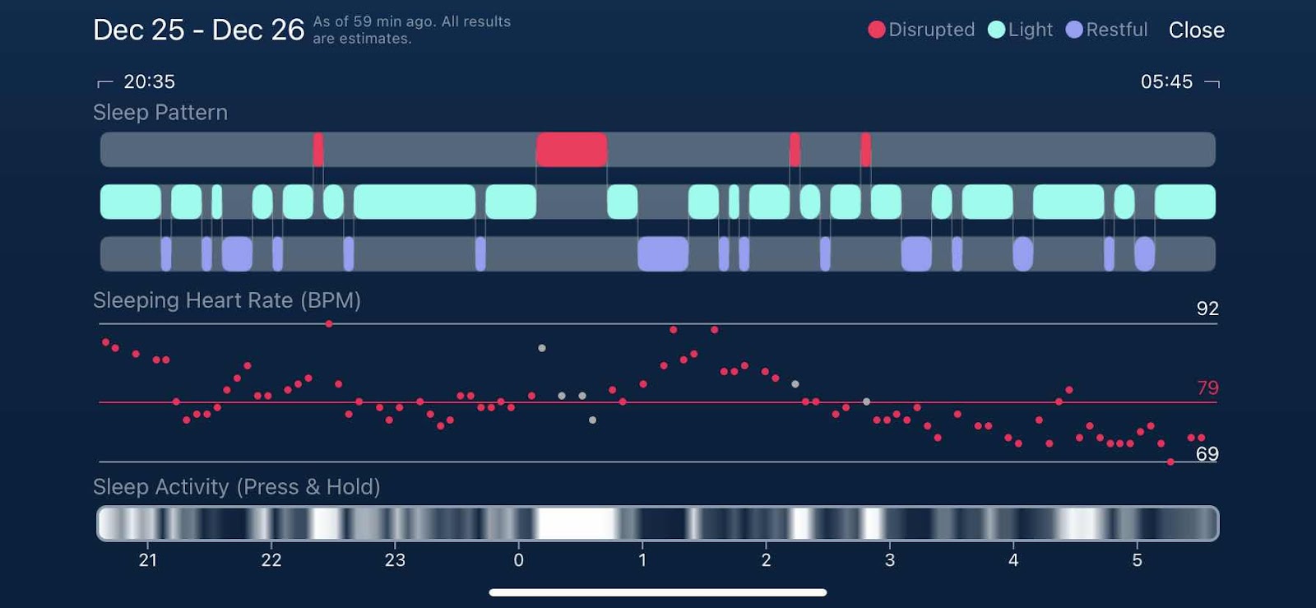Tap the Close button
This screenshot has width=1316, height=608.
pyautogui.click(x=1196, y=30)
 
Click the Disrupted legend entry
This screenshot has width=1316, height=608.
pyautogui.click(x=921, y=30)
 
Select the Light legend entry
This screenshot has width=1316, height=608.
pyautogui.click(x=1021, y=30)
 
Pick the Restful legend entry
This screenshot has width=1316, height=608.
pyautogui.click(x=1107, y=30)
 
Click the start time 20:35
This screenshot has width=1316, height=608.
pyautogui.click(x=149, y=81)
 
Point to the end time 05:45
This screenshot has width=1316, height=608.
pyautogui.click(x=1166, y=81)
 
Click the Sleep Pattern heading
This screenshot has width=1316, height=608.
pyautogui.click(x=160, y=113)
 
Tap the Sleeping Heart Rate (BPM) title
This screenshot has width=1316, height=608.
pyautogui.click(x=227, y=300)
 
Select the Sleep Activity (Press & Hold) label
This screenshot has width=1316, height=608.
pyautogui.click(x=237, y=487)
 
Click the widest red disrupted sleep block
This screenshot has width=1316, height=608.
pyautogui.click(x=572, y=150)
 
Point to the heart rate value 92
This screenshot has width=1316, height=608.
pyautogui.click(x=1207, y=309)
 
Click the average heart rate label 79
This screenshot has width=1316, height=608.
pyautogui.click(x=1207, y=388)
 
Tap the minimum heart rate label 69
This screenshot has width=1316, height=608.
pyautogui.click(x=1207, y=454)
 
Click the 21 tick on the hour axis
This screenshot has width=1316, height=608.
pyautogui.click(x=148, y=560)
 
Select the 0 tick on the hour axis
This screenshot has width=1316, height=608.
pyautogui.click(x=518, y=560)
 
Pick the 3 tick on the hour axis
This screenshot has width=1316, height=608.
pyautogui.click(x=889, y=560)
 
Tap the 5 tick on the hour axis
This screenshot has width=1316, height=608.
pyautogui.click(x=1137, y=560)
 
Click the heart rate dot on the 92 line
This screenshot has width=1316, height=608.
pyautogui.click(x=329, y=324)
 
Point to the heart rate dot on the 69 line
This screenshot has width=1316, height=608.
pyautogui.click(x=1170, y=462)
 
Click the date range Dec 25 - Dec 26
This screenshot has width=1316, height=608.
pyautogui.click(x=198, y=30)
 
